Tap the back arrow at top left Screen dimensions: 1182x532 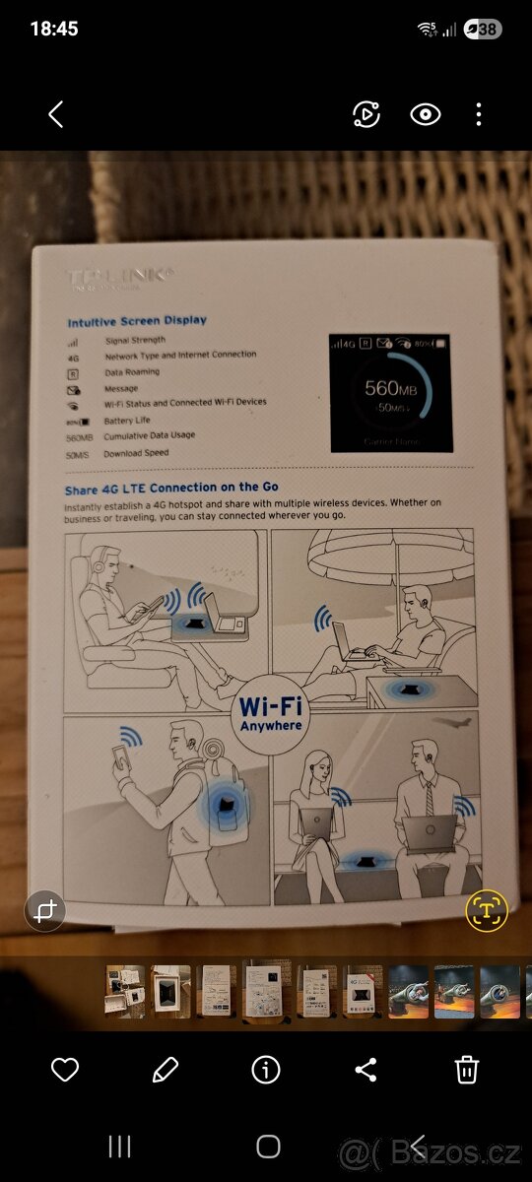55,114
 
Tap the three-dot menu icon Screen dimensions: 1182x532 479,114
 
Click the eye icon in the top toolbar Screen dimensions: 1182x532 425,114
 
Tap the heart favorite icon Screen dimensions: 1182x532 65,1069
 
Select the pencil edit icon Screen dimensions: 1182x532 166,1069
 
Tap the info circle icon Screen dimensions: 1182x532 266,1069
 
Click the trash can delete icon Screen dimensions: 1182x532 467,1069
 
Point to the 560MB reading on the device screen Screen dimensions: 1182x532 392,388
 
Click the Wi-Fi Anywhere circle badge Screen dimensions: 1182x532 270,714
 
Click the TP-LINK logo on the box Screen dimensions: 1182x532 121,278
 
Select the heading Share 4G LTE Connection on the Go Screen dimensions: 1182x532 171,487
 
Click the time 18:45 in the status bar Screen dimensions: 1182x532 54,30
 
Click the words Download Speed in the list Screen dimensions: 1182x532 137,453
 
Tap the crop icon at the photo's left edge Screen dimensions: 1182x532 44,911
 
